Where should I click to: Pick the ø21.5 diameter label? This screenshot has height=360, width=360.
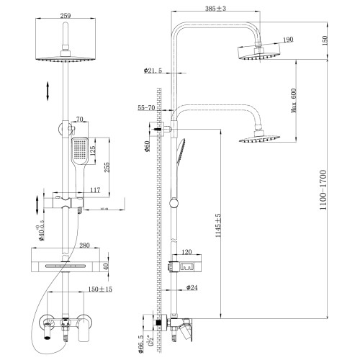[153, 71]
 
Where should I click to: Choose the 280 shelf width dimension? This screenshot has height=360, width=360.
[67, 245]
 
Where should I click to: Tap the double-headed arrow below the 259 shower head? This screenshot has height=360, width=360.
[48, 91]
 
